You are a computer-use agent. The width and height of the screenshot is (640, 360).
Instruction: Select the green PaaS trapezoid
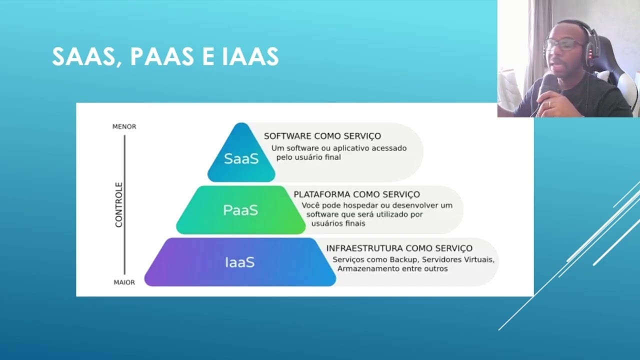(240, 210)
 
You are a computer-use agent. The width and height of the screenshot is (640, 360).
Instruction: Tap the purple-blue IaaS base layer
(240, 262)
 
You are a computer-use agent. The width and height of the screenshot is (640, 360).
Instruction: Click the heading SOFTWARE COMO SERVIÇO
(322, 136)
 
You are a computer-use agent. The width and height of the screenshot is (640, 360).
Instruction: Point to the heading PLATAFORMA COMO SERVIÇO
(356, 194)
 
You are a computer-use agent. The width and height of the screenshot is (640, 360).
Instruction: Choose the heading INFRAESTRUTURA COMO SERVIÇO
(399, 248)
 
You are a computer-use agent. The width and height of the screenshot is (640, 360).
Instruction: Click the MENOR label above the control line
(124, 126)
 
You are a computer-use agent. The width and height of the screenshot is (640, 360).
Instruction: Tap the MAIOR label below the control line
(124, 282)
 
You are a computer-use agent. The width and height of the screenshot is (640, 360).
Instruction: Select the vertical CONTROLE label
(119, 205)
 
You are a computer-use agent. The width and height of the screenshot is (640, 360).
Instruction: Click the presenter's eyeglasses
(563, 44)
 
